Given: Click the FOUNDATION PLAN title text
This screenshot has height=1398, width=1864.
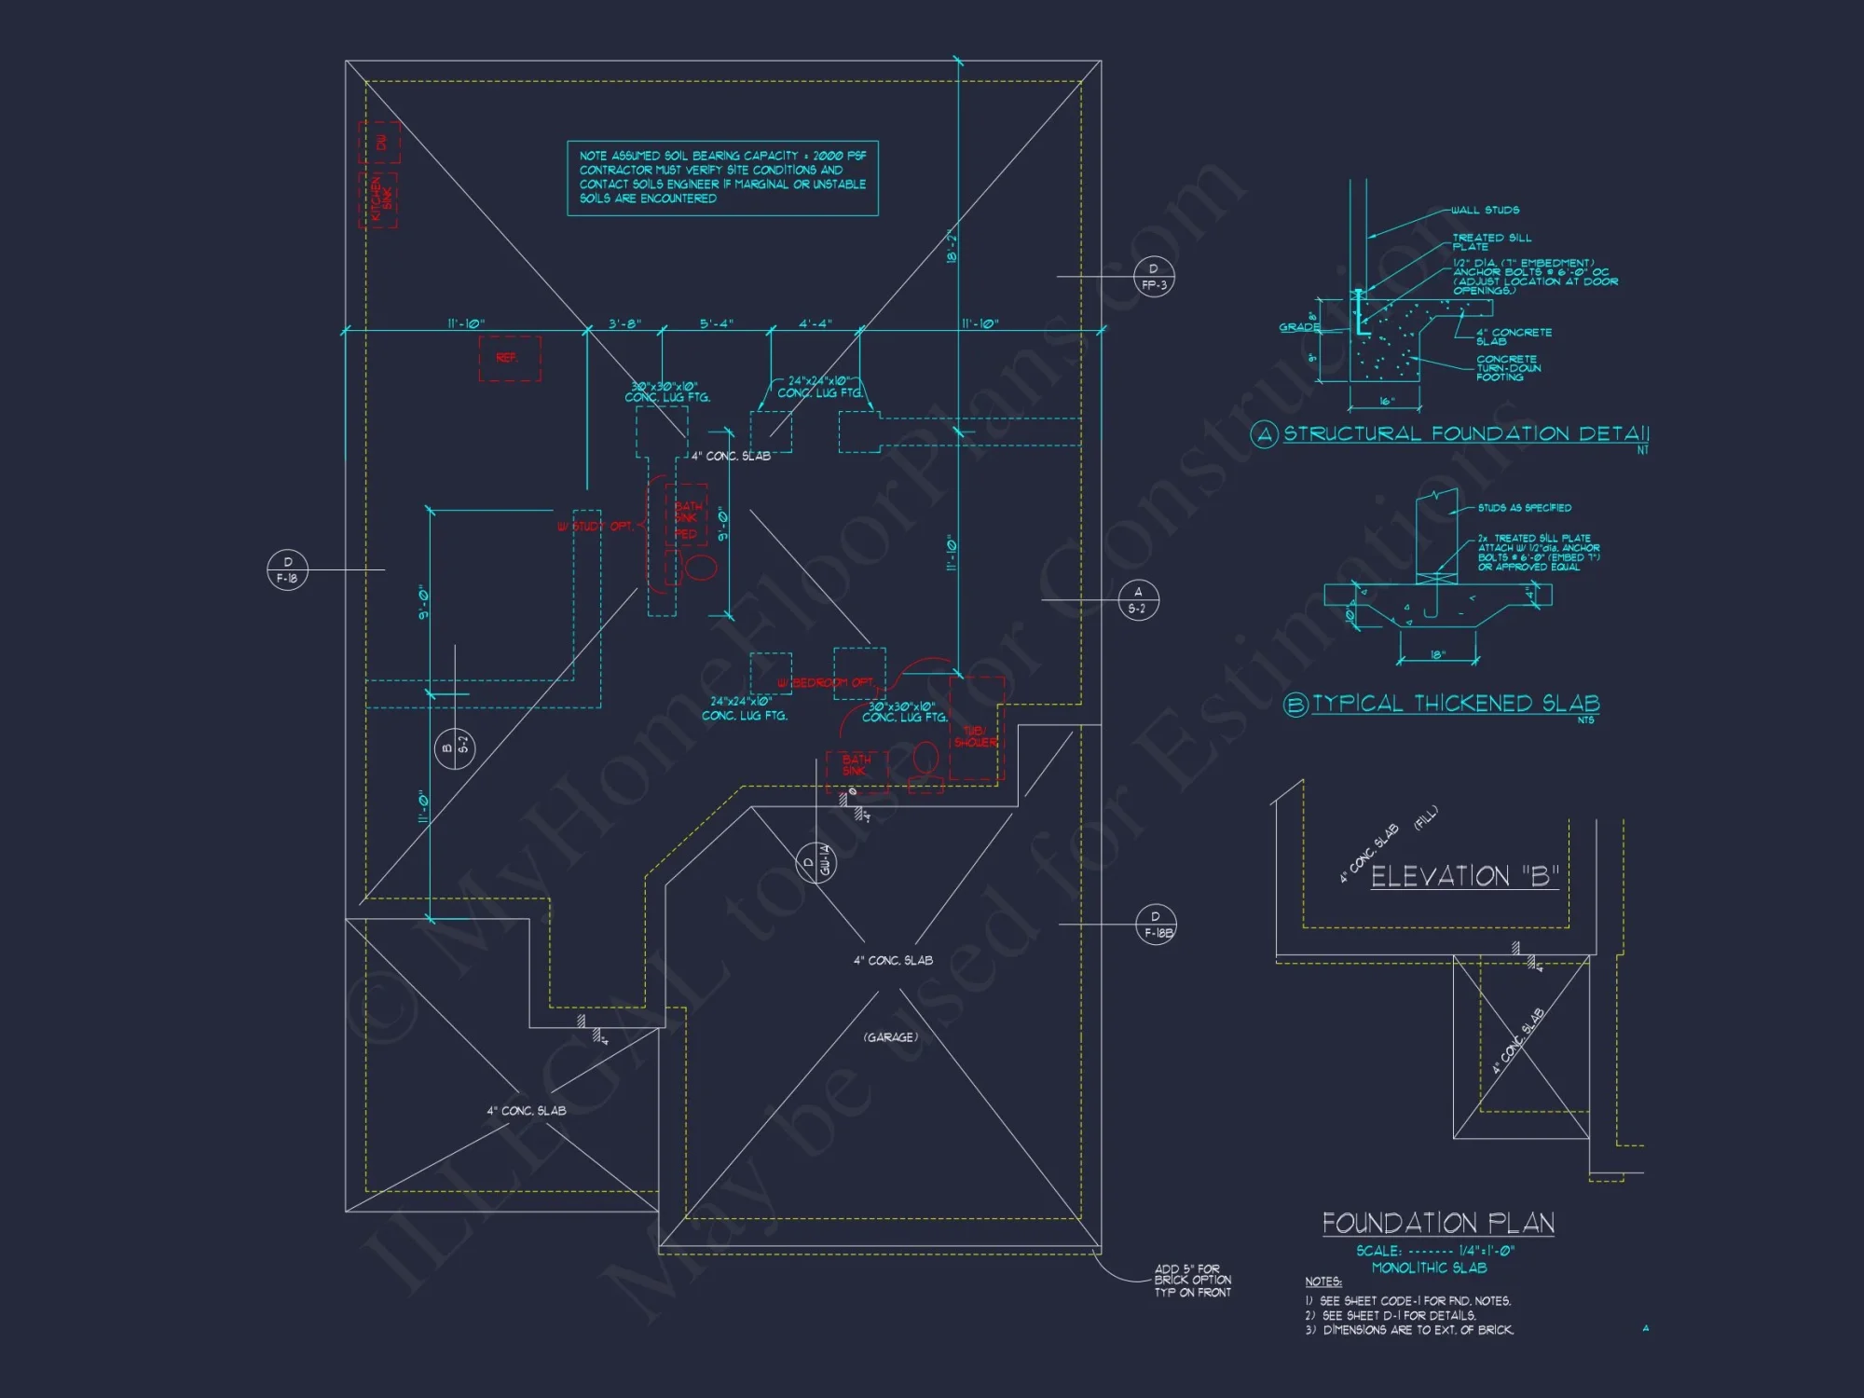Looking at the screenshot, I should click(x=1438, y=1223).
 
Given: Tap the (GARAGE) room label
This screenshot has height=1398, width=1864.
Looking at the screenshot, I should click(x=890, y=1037).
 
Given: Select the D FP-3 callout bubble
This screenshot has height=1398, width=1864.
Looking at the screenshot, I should click(x=1154, y=277).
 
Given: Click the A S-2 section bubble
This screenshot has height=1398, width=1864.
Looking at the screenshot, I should click(x=1138, y=599).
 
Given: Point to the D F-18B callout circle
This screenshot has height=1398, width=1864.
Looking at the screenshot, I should click(x=1156, y=925).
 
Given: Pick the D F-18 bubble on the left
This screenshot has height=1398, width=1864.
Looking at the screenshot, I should click(x=287, y=569).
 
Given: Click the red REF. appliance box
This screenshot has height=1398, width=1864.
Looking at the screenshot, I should click(x=509, y=358).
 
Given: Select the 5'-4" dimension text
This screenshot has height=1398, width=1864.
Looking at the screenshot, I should click(x=717, y=323).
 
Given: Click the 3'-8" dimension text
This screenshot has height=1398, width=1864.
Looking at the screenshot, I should click(x=624, y=323).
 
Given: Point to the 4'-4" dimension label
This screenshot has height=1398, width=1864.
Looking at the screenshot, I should click(x=815, y=323).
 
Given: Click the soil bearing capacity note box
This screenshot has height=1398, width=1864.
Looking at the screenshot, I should click(x=722, y=178).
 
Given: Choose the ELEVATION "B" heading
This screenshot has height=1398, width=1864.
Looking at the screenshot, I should click(x=1464, y=876).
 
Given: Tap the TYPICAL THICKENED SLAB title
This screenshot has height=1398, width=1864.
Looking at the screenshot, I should click(x=1456, y=704).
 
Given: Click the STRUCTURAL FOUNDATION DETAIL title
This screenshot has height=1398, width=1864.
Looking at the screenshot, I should click(x=1466, y=433).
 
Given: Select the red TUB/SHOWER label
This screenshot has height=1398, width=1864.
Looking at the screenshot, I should click(x=975, y=736).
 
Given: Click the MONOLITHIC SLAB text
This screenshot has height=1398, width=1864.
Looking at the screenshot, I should click(x=1429, y=1268).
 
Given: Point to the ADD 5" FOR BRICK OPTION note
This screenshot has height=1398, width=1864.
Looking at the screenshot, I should click(x=1192, y=1281).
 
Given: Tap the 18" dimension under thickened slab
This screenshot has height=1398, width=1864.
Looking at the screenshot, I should click(x=1437, y=655).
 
